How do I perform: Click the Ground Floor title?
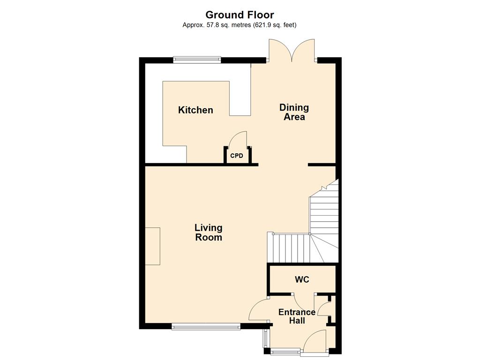[240, 15]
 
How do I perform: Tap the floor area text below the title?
[240, 25]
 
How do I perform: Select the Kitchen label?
[195, 110]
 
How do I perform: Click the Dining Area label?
[294, 112]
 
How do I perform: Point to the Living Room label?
[209, 232]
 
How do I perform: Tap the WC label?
[302, 279]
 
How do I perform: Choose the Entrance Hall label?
[297, 316]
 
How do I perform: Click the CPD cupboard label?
[237, 156]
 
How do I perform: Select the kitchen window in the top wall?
[197, 60]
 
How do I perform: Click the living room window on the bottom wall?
[206, 327]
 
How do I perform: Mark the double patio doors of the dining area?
[292, 51]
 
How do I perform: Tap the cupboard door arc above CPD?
[238, 139]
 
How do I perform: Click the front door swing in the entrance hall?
[315, 341]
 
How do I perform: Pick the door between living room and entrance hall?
[259, 309]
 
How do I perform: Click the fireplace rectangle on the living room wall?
[152, 246]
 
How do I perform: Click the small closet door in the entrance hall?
[324, 308]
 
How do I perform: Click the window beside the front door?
[285, 352]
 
